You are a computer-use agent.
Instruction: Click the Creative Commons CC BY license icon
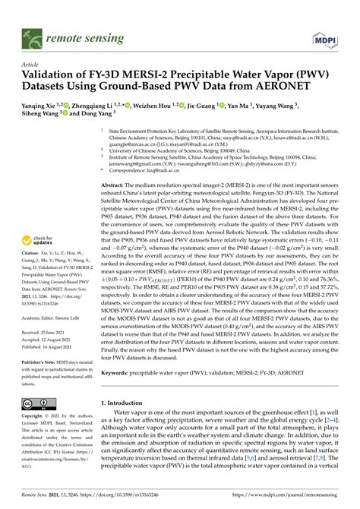(34, 403)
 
